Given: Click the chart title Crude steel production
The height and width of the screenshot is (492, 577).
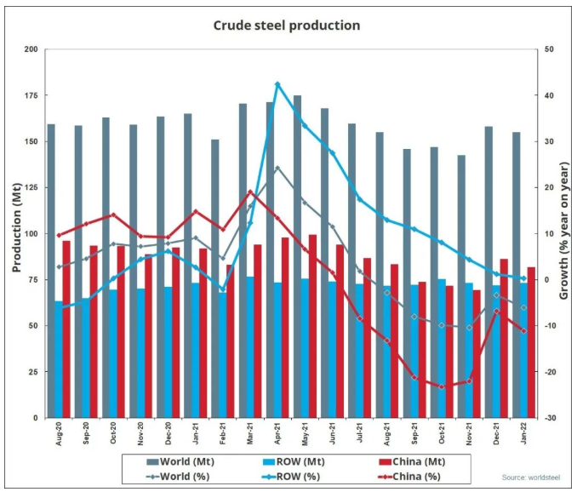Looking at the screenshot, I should (287, 26).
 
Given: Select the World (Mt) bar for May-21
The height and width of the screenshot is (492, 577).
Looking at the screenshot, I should (297, 255).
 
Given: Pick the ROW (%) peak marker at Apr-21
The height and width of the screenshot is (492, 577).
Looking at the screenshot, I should (277, 84).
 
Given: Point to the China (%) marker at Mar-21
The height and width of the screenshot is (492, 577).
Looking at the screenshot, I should (250, 192).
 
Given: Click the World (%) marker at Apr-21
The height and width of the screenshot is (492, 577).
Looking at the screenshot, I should (277, 168).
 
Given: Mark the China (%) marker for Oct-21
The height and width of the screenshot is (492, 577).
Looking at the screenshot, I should (442, 386).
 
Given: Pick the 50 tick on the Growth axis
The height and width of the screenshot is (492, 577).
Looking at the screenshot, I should (551, 49).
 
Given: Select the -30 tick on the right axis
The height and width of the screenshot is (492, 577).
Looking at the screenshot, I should (551, 418).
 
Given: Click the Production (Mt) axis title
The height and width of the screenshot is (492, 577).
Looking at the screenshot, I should (15, 233).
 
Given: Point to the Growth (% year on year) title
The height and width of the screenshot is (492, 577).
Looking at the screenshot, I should (564, 233).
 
